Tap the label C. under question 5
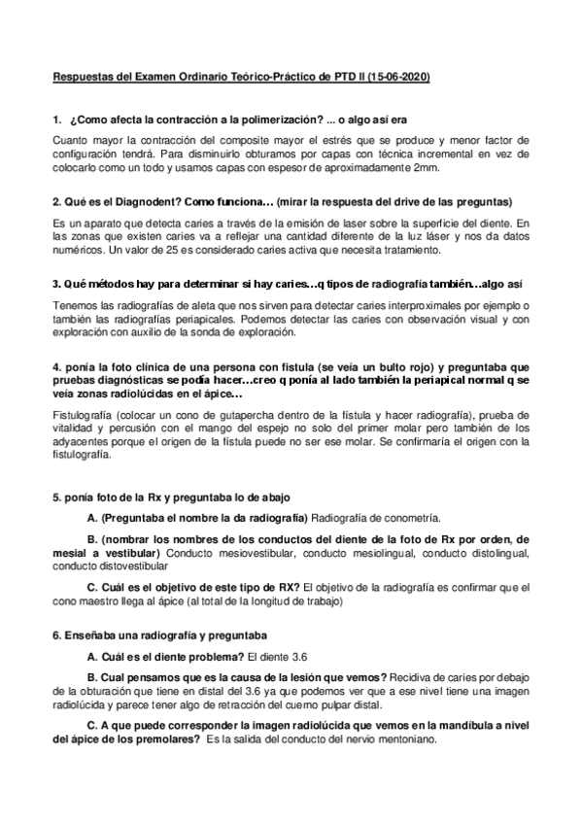[93, 587]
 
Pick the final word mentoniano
[408, 740]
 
